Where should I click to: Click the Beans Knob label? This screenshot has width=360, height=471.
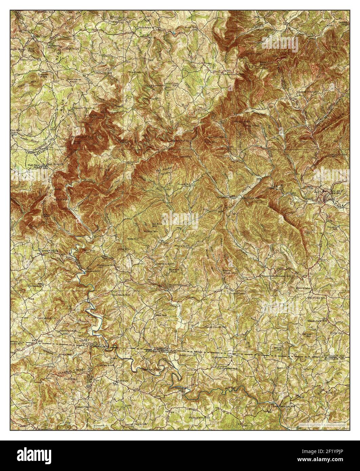[226, 271]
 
